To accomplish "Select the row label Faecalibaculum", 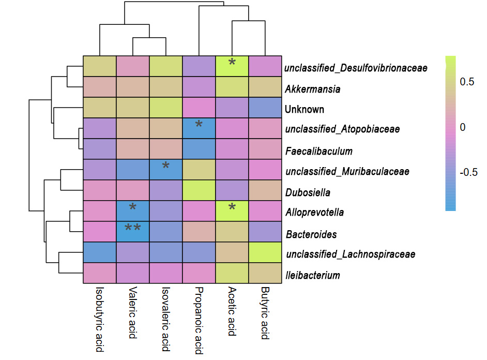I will point(318,151).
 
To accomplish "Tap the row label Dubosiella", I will point(308,192).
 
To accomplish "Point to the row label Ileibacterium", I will point(312,275).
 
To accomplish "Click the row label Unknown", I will point(305,109).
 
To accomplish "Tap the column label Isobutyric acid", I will point(100,320).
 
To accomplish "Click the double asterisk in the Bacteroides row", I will point(133,228).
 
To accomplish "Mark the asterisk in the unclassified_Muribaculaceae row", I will point(165,166).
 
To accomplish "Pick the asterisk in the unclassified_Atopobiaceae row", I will point(199,124).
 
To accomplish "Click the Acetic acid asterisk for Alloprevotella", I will point(232,207).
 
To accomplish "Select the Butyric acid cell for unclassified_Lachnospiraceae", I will point(265,253).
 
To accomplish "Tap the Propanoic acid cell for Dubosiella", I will point(199,191).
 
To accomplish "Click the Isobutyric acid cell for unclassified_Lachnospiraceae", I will point(100,253).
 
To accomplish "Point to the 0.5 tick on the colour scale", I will point(467,82).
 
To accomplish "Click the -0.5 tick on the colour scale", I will point(468,172).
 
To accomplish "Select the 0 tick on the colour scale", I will point(463,127).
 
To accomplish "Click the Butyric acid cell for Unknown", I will point(265,108).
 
